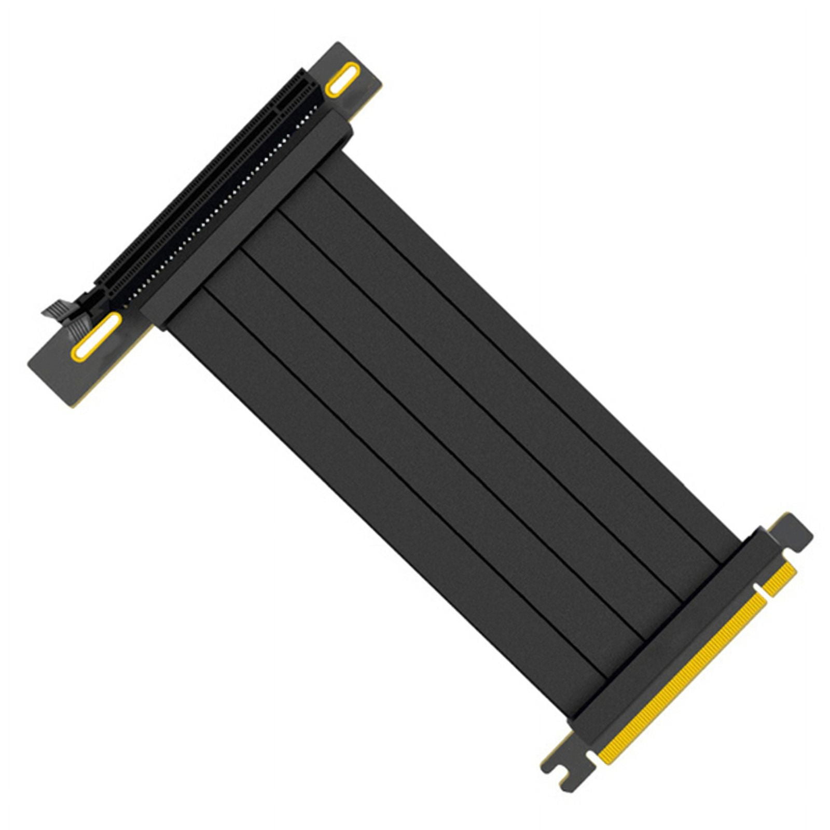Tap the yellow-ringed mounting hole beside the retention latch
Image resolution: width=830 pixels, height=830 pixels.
coord(96,337)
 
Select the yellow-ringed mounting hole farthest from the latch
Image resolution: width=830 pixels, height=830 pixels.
coord(342,79)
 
